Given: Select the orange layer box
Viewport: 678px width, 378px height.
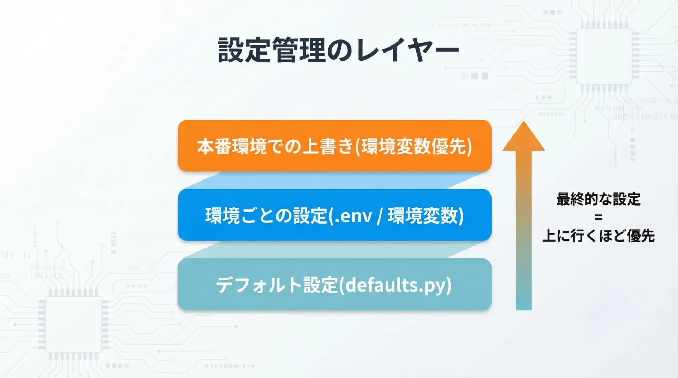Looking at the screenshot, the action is tap(334, 146).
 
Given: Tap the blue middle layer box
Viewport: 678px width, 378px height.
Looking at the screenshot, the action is tap(334, 215).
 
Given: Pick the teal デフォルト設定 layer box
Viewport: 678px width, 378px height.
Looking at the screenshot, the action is tap(334, 284).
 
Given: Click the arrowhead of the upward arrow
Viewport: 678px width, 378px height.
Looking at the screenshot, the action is tap(524, 136).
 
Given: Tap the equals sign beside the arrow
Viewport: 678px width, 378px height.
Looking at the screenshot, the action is tap(598, 217).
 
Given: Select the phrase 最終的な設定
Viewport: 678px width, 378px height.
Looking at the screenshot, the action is tap(598, 199).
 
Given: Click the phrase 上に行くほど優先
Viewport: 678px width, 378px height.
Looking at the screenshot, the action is tap(598, 236).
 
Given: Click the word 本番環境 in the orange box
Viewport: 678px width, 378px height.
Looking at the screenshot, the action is tap(232, 146).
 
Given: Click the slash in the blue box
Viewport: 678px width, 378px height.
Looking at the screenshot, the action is tap(380, 216).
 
